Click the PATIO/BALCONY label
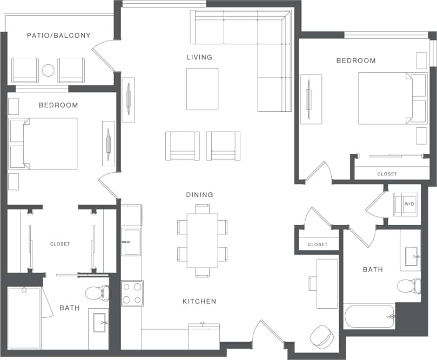[59, 36]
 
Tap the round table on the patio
[48, 70]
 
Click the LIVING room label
[199, 57]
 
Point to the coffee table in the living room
[203, 89]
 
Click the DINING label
[199, 195]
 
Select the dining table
[202, 240]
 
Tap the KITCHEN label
[199, 301]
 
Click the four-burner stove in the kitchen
[132, 293]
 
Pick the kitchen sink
[131, 241]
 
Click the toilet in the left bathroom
[97, 293]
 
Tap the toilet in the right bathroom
[409, 285]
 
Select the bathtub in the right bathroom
[369, 316]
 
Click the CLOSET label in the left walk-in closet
[60, 244]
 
